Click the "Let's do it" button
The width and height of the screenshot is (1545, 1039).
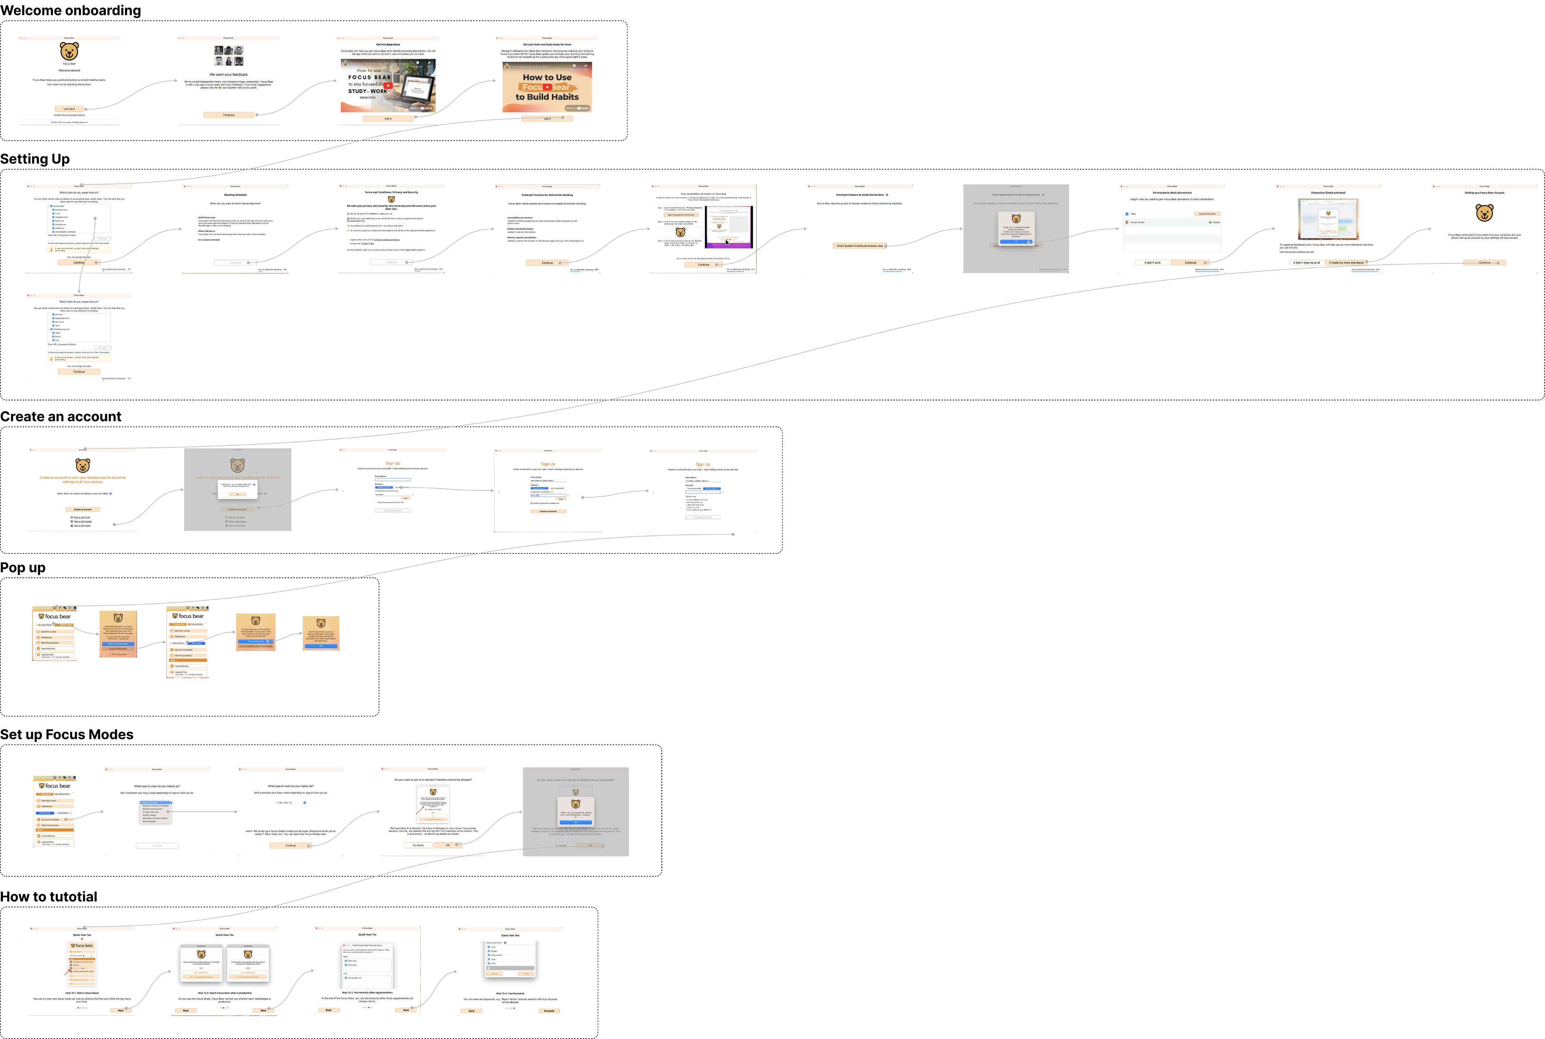click(69, 109)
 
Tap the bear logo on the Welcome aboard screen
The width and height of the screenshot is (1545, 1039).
click(69, 51)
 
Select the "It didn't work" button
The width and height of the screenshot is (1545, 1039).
click(1153, 262)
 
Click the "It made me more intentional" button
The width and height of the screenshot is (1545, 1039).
click(1346, 262)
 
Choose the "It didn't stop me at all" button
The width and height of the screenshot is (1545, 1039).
click(1306, 262)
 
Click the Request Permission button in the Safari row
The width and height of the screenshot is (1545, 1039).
click(1206, 214)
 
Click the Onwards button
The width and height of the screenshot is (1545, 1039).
click(549, 1010)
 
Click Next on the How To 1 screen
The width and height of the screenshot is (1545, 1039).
click(121, 1010)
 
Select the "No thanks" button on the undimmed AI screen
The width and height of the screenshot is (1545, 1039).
click(418, 845)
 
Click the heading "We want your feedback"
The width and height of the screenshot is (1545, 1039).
click(229, 74)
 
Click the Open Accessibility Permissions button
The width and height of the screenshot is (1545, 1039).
click(681, 215)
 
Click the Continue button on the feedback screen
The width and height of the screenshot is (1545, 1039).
click(229, 115)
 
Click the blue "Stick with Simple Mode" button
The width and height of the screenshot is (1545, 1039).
click(118, 644)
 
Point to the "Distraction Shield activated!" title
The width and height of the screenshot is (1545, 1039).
click(1328, 193)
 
